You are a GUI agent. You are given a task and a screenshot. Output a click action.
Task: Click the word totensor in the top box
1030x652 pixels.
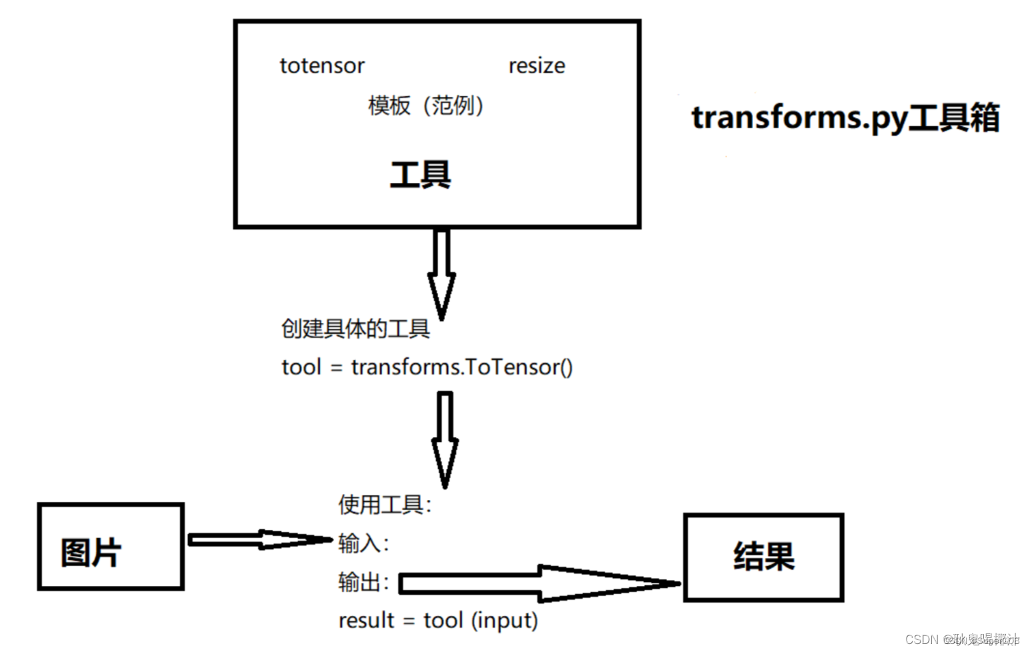pos(322,66)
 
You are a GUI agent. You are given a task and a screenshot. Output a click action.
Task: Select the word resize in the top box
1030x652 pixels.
pos(536,66)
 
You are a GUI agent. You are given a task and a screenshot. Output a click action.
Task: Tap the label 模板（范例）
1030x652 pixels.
pos(426,105)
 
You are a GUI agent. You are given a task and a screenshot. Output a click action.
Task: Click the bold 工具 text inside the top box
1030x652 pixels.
pos(420,175)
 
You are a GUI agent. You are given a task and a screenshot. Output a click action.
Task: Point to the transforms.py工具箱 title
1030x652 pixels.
pos(845,118)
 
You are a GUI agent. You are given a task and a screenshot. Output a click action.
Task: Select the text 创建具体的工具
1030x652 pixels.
pos(355,328)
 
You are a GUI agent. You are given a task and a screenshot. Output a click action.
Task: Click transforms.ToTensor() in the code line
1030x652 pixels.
pos(462,367)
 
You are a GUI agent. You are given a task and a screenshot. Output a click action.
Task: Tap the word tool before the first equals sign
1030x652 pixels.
pos(302,367)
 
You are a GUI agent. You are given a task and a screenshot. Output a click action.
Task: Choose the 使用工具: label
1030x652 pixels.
pos(384,505)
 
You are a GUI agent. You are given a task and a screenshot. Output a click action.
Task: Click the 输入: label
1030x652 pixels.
pos(363,543)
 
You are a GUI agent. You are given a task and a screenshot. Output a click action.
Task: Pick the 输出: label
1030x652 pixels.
pos(363,582)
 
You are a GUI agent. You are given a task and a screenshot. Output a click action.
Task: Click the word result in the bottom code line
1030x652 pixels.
pos(366,621)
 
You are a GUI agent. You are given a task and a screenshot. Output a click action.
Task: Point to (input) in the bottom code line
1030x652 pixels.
pos(504,621)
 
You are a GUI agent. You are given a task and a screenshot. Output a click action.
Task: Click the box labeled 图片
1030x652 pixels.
pos(111,547)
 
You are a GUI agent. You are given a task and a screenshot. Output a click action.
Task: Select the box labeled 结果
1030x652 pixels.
pos(763,557)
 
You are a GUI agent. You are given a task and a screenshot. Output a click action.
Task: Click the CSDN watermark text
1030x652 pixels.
pos(961,639)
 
